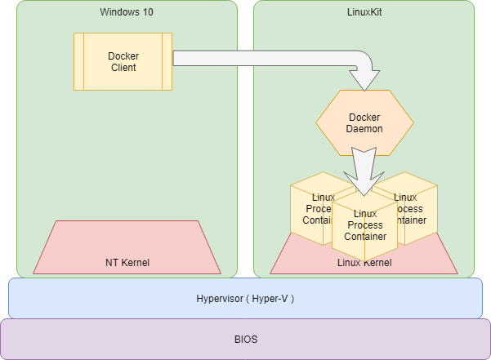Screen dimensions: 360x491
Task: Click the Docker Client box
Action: [x=123, y=61]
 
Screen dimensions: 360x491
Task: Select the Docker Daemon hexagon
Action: [x=364, y=122]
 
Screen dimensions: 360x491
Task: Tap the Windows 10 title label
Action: [x=126, y=11]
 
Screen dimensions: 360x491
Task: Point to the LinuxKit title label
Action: [x=364, y=11]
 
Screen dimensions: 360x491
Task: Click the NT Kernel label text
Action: [x=127, y=262]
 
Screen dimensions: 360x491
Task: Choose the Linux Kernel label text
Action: [x=364, y=262]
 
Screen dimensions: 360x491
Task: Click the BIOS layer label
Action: [x=245, y=338]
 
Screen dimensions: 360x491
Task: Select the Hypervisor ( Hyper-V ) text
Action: [x=245, y=299]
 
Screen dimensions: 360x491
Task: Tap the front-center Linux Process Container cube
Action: [x=364, y=225]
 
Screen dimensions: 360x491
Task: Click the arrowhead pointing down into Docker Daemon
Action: [x=364, y=79]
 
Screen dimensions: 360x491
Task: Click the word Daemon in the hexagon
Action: [x=364, y=129]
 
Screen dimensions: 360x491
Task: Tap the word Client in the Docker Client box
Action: [x=123, y=67]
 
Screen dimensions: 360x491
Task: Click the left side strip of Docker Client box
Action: [x=79, y=61]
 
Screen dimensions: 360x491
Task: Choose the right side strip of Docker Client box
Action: [x=167, y=61]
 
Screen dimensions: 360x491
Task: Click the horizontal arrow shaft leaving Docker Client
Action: [x=261, y=58]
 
